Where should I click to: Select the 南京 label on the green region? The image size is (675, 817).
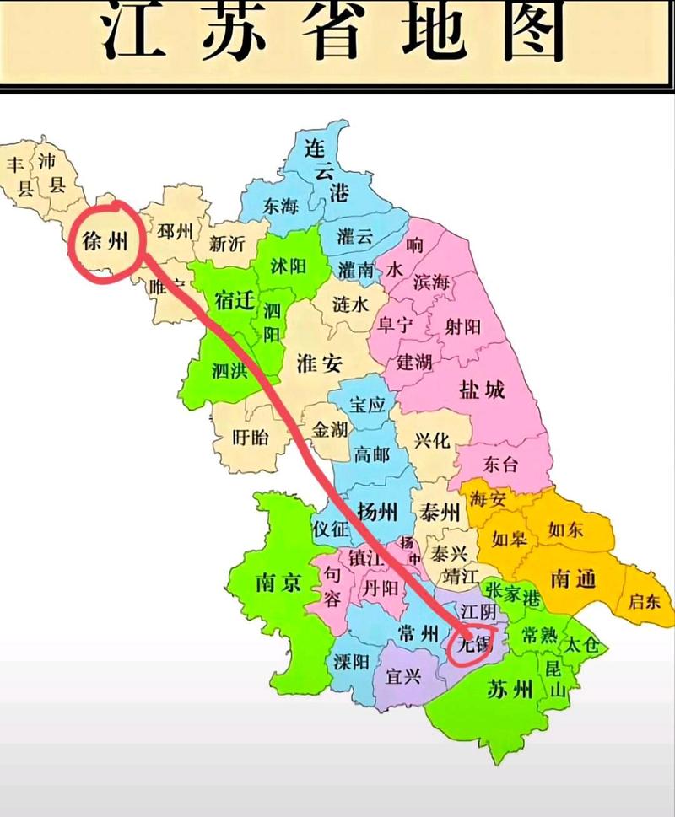click(x=276, y=583)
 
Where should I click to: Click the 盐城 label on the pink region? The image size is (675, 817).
click(x=482, y=390)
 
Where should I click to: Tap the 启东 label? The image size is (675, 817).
click(x=646, y=601)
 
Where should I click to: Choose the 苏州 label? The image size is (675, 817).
click(x=510, y=690)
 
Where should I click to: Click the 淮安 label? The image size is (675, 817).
click(x=320, y=364)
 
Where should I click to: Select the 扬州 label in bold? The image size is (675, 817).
click(x=377, y=512)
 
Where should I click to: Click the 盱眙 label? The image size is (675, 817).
click(x=251, y=437)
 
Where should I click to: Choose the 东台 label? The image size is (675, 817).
click(x=501, y=463)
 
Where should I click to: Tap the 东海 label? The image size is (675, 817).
click(x=281, y=206)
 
